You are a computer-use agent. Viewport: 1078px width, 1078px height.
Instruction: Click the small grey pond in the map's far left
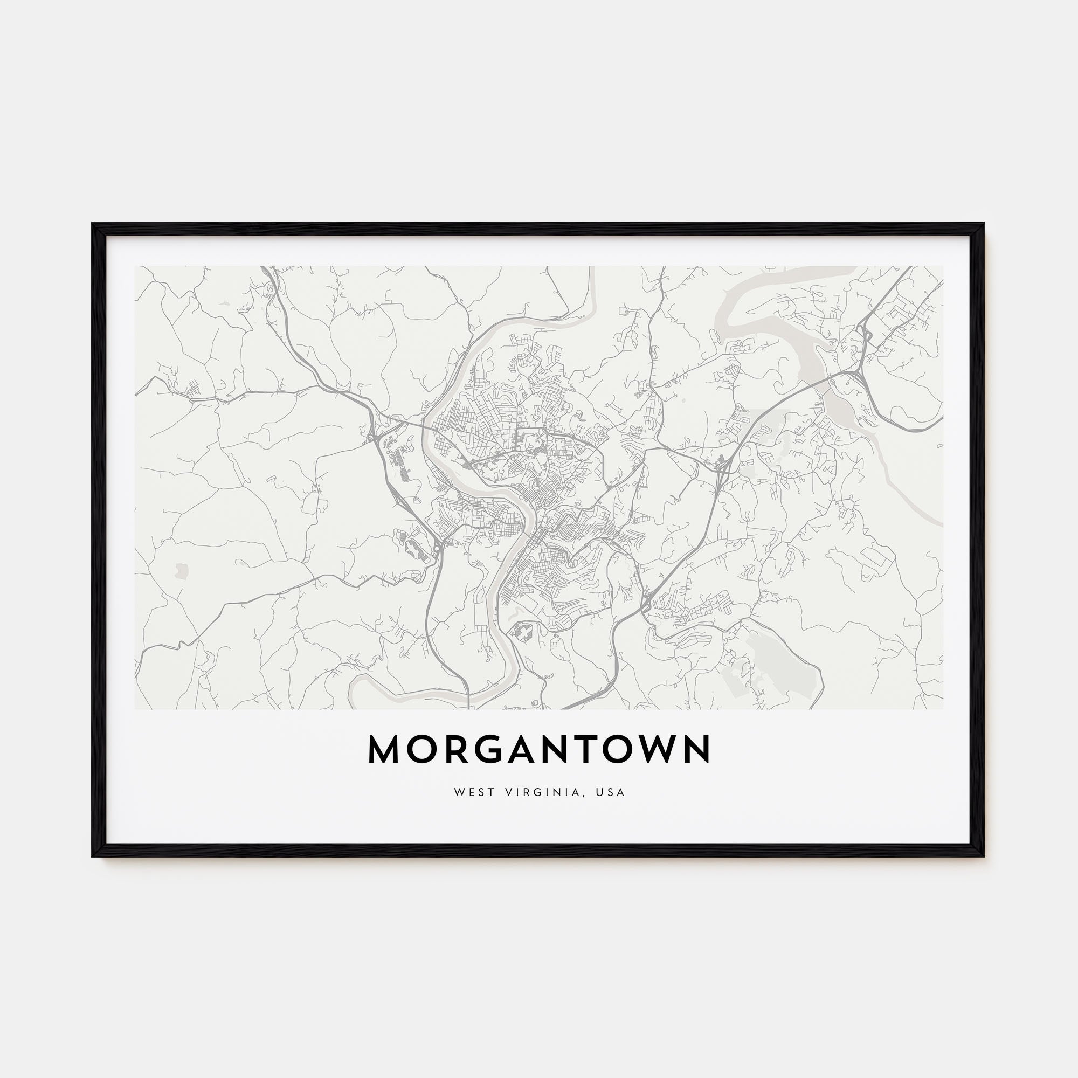click(x=180, y=571)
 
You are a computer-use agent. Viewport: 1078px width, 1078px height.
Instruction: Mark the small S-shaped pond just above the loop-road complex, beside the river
click(x=518, y=614)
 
